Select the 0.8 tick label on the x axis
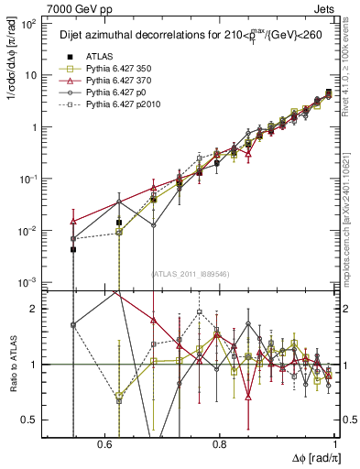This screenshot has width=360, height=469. pos(220,443)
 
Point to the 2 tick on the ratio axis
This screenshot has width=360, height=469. pos(35,309)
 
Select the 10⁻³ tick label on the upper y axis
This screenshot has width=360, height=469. pos(27,282)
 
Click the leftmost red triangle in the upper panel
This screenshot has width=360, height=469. pos(73,221)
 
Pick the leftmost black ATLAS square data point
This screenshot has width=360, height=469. pos(73,249)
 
